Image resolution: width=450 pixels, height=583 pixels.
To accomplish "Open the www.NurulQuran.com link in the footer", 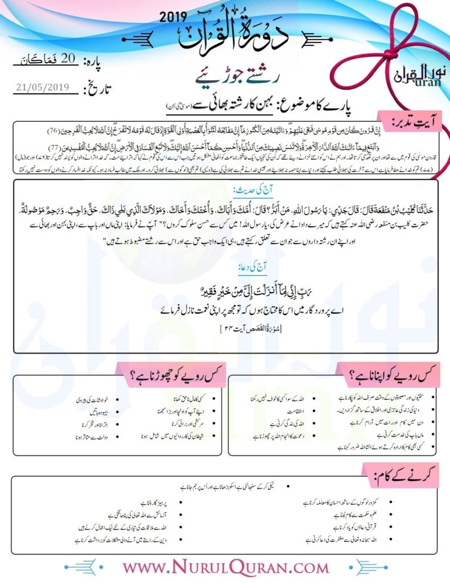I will click(x=226, y=567).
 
